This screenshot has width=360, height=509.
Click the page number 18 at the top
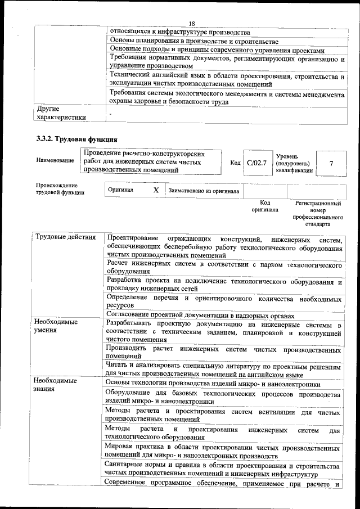(x=191, y=23)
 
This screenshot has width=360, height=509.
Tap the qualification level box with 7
(x=331, y=163)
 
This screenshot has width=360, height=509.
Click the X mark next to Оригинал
(x=156, y=191)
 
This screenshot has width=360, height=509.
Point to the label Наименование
(x=55, y=161)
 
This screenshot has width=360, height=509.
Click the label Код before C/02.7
(x=235, y=163)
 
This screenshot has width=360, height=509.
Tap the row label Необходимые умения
(x=56, y=326)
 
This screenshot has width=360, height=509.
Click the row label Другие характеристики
(x=61, y=113)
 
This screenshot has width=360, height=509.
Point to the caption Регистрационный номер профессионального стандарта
(x=318, y=213)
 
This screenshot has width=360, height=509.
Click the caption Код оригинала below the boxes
(x=265, y=206)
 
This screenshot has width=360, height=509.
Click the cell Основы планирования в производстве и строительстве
(x=194, y=41)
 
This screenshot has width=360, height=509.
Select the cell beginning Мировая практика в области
(x=222, y=452)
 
